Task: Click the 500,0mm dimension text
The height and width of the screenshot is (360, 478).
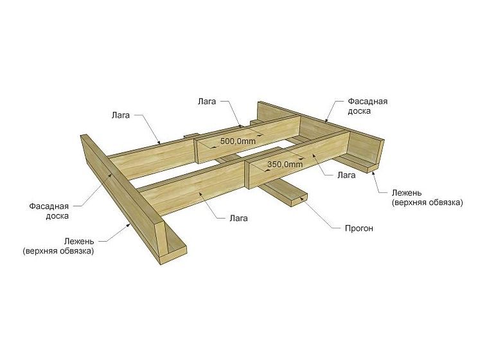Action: click(238, 141)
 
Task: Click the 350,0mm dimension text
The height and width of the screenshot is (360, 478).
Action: click(285, 165)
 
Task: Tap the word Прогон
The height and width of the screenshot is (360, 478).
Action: click(358, 228)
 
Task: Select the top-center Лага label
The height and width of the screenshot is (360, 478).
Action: click(207, 102)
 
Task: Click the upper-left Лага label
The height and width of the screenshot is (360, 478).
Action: click(120, 115)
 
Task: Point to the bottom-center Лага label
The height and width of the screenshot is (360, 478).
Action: click(238, 219)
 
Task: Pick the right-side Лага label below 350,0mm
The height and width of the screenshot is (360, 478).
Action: click(346, 175)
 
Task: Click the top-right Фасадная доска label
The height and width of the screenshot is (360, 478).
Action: click(367, 106)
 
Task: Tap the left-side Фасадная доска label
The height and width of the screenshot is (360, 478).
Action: click(49, 211)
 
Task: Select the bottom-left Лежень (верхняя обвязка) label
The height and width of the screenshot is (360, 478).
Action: click(58, 246)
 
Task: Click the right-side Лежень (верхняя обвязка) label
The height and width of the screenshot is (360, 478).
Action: click(427, 198)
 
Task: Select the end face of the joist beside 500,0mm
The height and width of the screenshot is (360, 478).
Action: click(195, 151)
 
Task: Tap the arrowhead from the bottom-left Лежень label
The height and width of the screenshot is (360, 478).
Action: click(128, 226)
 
